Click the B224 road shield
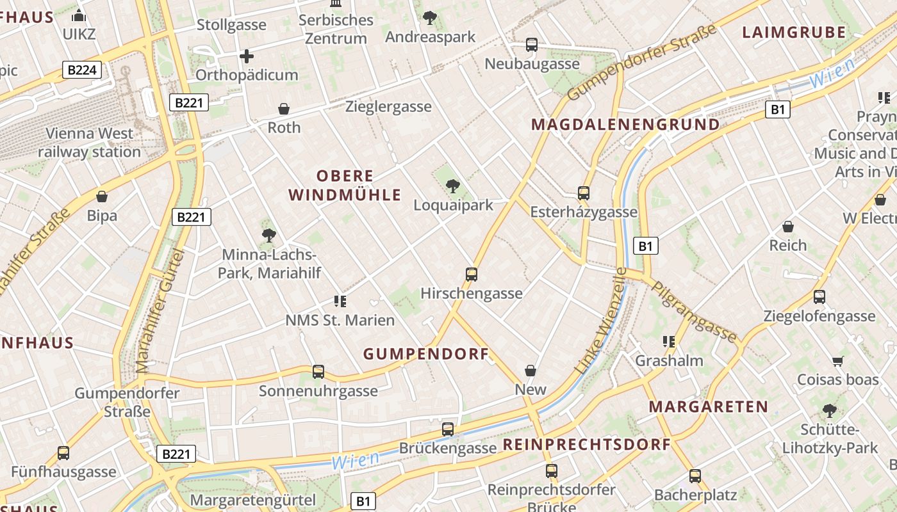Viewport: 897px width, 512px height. (x=82, y=70)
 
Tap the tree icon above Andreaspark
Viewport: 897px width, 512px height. (x=430, y=18)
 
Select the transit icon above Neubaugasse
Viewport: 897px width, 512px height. (x=532, y=45)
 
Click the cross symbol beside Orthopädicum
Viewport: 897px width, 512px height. (x=247, y=56)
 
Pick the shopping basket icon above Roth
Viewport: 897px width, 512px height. (x=284, y=109)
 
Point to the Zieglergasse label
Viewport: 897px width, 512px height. (x=388, y=107)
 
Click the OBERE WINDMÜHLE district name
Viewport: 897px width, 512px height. (x=345, y=186)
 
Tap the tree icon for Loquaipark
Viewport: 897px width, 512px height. (x=453, y=186)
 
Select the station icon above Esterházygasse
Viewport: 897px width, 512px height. (x=584, y=193)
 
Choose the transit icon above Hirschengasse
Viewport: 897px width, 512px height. (x=472, y=275)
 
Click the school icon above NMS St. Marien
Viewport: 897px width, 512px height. (x=340, y=301)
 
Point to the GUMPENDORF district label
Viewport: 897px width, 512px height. (x=426, y=354)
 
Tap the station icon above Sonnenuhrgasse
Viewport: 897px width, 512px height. (x=318, y=371)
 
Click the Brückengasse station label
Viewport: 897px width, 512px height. (x=448, y=448)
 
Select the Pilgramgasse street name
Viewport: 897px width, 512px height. (x=695, y=311)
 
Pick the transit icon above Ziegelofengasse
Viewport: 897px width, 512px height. (x=819, y=297)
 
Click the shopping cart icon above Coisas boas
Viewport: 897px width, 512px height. (x=837, y=361)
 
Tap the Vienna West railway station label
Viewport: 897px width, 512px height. (x=89, y=143)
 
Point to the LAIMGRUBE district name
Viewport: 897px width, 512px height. (x=794, y=32)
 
